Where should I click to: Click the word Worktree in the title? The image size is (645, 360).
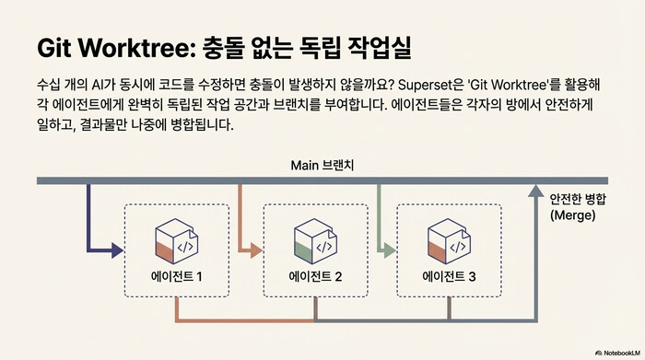(x=135, y=47)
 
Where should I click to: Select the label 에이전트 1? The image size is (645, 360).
(x=176, y=275)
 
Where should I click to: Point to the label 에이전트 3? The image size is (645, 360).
(x=449, y=275)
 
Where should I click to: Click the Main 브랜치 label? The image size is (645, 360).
(x=322, y=165)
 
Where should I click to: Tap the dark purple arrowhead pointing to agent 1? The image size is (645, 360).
(x=117, y=248)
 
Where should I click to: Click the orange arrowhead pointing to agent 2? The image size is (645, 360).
(x=257, y=248)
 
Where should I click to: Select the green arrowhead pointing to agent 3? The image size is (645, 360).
(x=391, y=248)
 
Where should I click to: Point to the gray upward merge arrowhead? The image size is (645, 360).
(x=533, y=192)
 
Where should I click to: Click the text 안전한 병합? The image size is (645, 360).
(x=580, y=199)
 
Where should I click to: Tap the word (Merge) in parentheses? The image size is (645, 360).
(x=572, y=215)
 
